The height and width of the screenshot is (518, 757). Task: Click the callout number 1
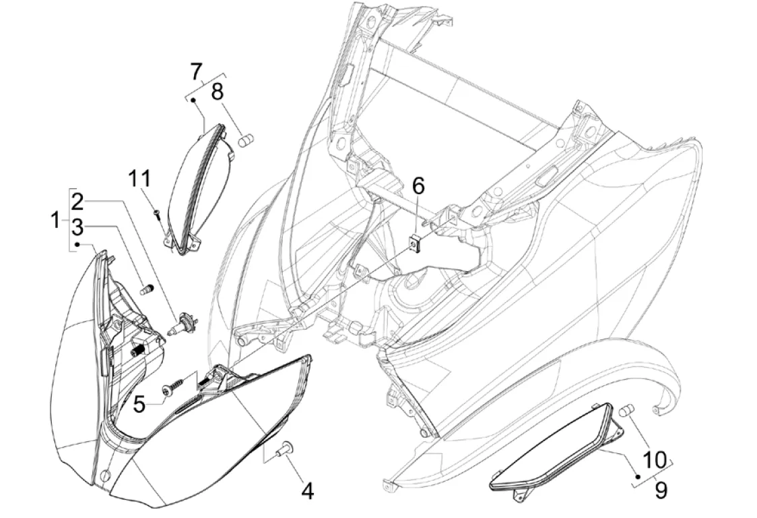(x=56, y=221)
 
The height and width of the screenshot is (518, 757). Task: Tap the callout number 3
(x=79, y=227)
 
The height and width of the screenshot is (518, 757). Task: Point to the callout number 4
(x=307, y=491)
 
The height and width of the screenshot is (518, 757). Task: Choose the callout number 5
(x=139, y=404)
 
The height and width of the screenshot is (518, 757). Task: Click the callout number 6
(x=418, y=186)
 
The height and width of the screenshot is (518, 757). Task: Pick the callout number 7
(x=196, y=70)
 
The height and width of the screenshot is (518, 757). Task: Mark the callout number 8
(x=218, y=92)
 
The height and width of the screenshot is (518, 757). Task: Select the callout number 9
(x=661, y=490)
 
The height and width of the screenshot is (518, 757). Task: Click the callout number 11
(x=140, y=179)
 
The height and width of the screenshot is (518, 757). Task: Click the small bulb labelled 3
(x=145, y=291)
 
